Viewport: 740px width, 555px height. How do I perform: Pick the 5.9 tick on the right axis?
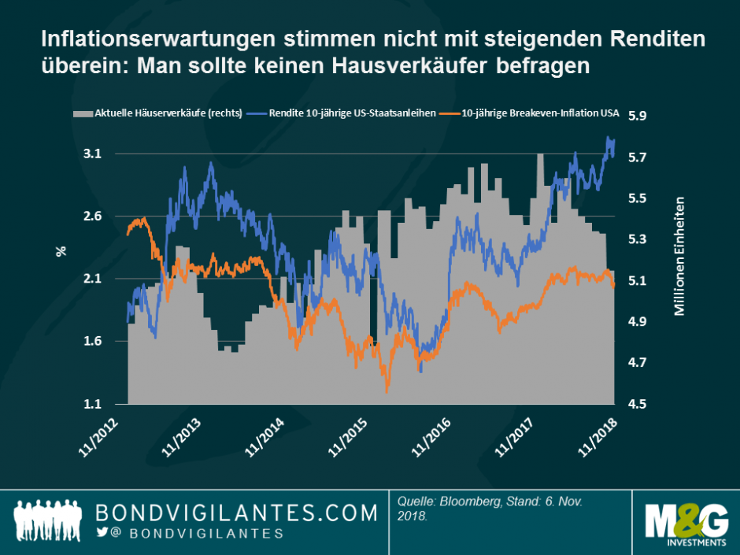(x=636, y=116)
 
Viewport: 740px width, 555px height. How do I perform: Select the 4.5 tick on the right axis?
(x=636, y=405)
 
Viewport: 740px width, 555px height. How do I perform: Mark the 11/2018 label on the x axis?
(x=597, y=435)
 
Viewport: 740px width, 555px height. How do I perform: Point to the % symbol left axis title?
(x=60, y=252)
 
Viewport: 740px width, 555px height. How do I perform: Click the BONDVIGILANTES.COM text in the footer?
(x=237, y=513)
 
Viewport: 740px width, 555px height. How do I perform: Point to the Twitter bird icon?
(x=103, y=534)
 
